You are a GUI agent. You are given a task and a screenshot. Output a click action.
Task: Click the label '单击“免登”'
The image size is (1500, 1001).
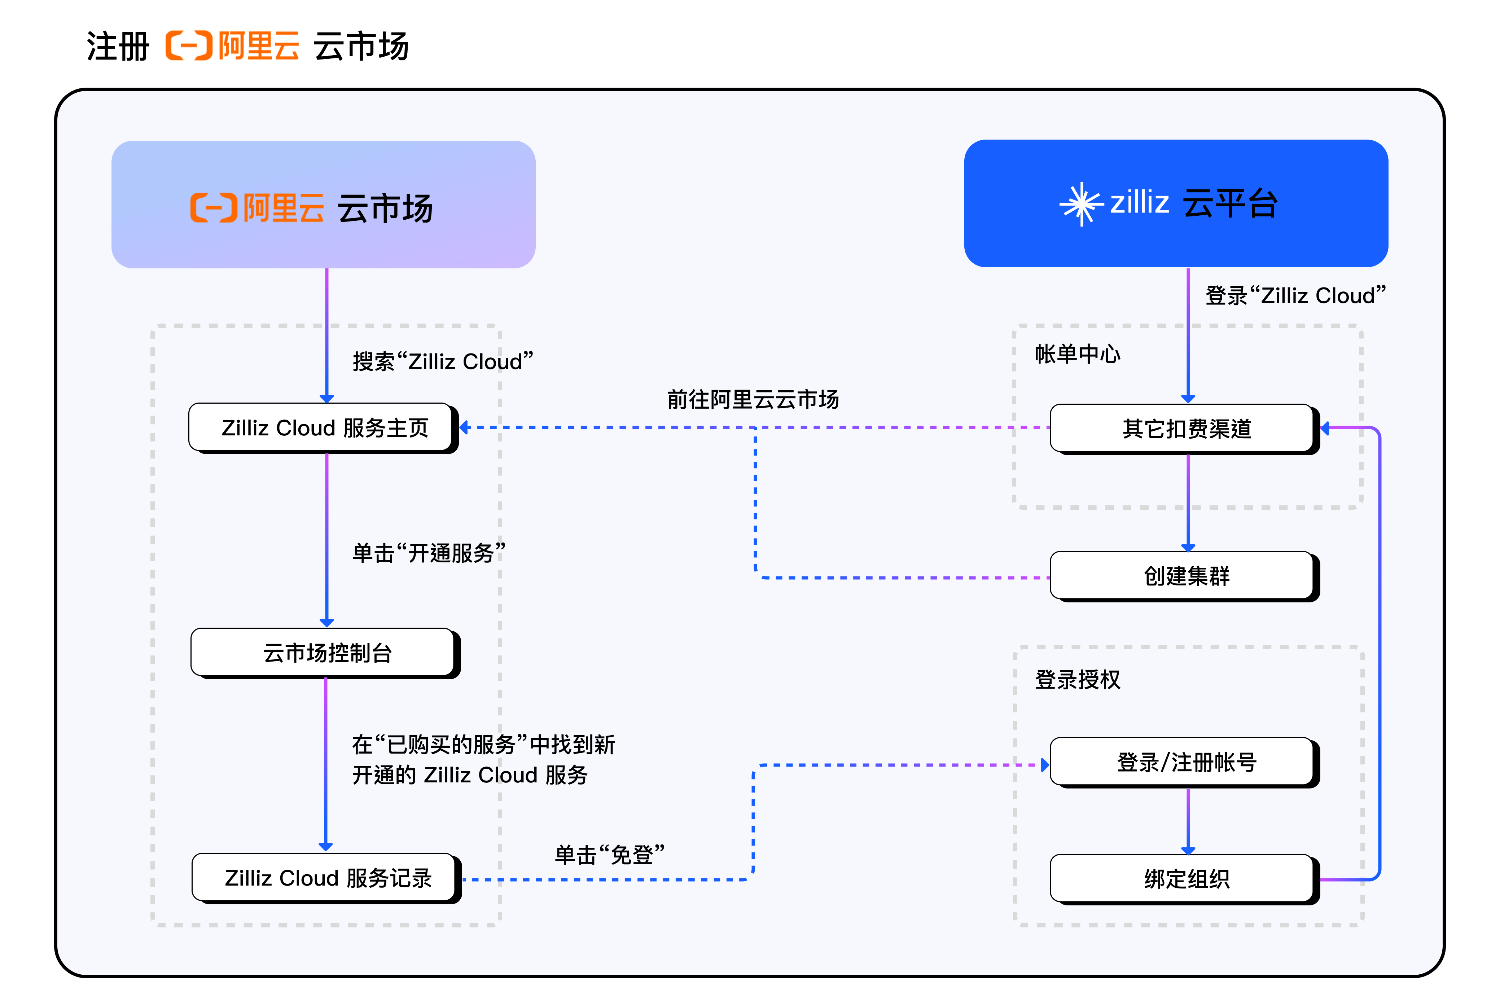[610, 854]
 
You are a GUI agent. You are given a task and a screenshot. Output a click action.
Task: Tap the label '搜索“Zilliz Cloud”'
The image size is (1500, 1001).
[442, 361]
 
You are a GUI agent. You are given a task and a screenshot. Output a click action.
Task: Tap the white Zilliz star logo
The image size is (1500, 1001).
[1081, 204]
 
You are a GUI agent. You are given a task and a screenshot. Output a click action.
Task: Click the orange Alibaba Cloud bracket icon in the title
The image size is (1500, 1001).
[189, 46]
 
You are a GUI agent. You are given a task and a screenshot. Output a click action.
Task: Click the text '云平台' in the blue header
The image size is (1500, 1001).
[1230, 204]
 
